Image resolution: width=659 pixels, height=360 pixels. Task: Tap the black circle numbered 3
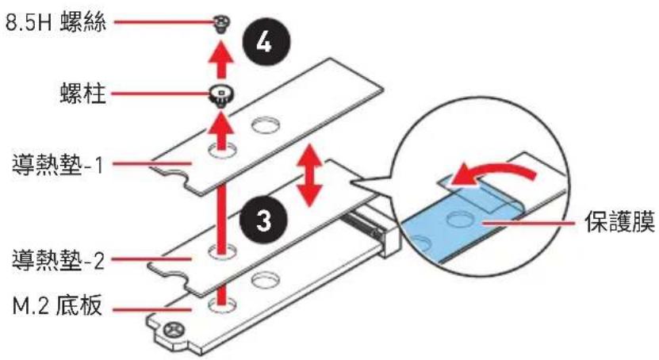pyautogui.click(x=263, y=220)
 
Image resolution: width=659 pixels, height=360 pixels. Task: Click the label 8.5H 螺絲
pyautogui.click(x=56, y=22)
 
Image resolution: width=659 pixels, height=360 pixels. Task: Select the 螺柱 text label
pyautogui.click(x=82, y=93)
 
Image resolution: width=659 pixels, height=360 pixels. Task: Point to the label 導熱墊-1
pyautogui.click(x=58, y=165)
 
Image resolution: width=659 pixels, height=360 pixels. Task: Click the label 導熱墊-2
pyautogui.click(x=58, y=260)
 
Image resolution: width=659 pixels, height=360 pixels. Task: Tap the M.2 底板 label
pyautogui.click(x=57, y=306)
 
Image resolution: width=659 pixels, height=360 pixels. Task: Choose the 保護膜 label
pyautogui.click(x=620, y=221)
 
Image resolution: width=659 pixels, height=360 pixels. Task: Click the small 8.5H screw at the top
pyautogui.click(x=221, y=24)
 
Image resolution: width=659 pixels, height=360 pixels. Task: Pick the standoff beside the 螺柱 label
pyautogui.click(x=221, y=96)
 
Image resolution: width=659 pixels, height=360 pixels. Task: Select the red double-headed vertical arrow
pyautogui.click(x=310, y=174)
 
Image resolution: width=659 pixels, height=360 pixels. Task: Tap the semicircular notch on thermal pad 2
pyautogui.click(x=168, y=274)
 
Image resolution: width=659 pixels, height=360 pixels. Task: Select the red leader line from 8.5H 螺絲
pyautogui.click(x=163, y=22)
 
